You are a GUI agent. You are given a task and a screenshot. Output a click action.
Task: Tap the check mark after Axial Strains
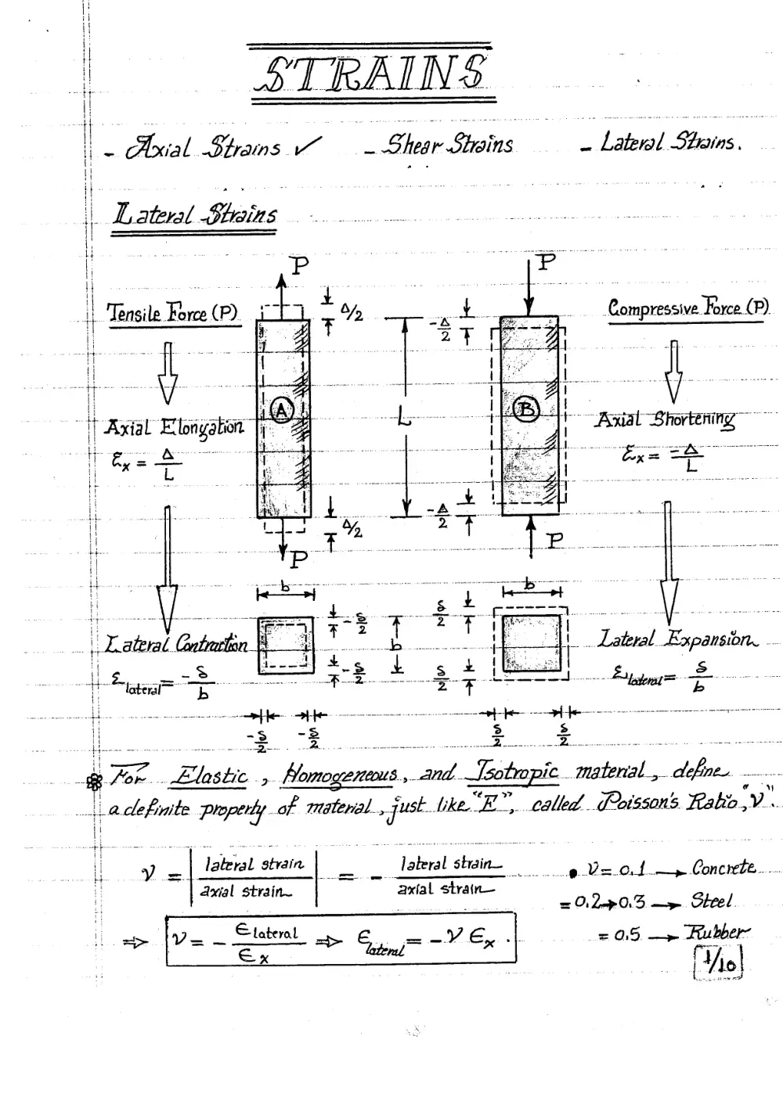(x=307, y=146)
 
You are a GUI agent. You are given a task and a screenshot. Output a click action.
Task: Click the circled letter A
(x=282, y=411)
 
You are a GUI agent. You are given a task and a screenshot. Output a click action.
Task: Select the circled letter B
(x=526, y=409)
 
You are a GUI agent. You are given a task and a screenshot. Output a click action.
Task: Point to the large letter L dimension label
(x=404, y=416)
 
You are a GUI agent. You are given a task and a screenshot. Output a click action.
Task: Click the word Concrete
(x=723, y=868)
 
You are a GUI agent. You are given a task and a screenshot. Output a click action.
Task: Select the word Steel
(x=711, y=901)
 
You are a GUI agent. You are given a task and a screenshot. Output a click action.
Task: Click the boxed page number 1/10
(x=718, y=962)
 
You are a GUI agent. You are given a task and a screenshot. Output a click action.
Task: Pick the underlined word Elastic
(x=209, y=776)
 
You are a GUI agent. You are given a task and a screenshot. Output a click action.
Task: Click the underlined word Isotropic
(x=513, y=772)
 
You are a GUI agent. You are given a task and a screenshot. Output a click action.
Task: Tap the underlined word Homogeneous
(x=340, y=775)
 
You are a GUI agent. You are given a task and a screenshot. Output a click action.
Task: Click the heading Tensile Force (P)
(x=172, y=313)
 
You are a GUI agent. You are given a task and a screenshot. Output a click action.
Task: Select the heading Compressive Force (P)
(x=687, y=308)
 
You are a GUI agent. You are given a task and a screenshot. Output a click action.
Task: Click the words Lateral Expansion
(x=677, y=638)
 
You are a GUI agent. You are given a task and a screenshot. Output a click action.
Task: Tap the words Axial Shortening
(x=666, y=421)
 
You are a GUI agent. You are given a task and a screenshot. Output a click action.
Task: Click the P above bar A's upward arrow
(x=299, y=265)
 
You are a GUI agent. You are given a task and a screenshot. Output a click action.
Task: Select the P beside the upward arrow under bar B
(x=554, y=540)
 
